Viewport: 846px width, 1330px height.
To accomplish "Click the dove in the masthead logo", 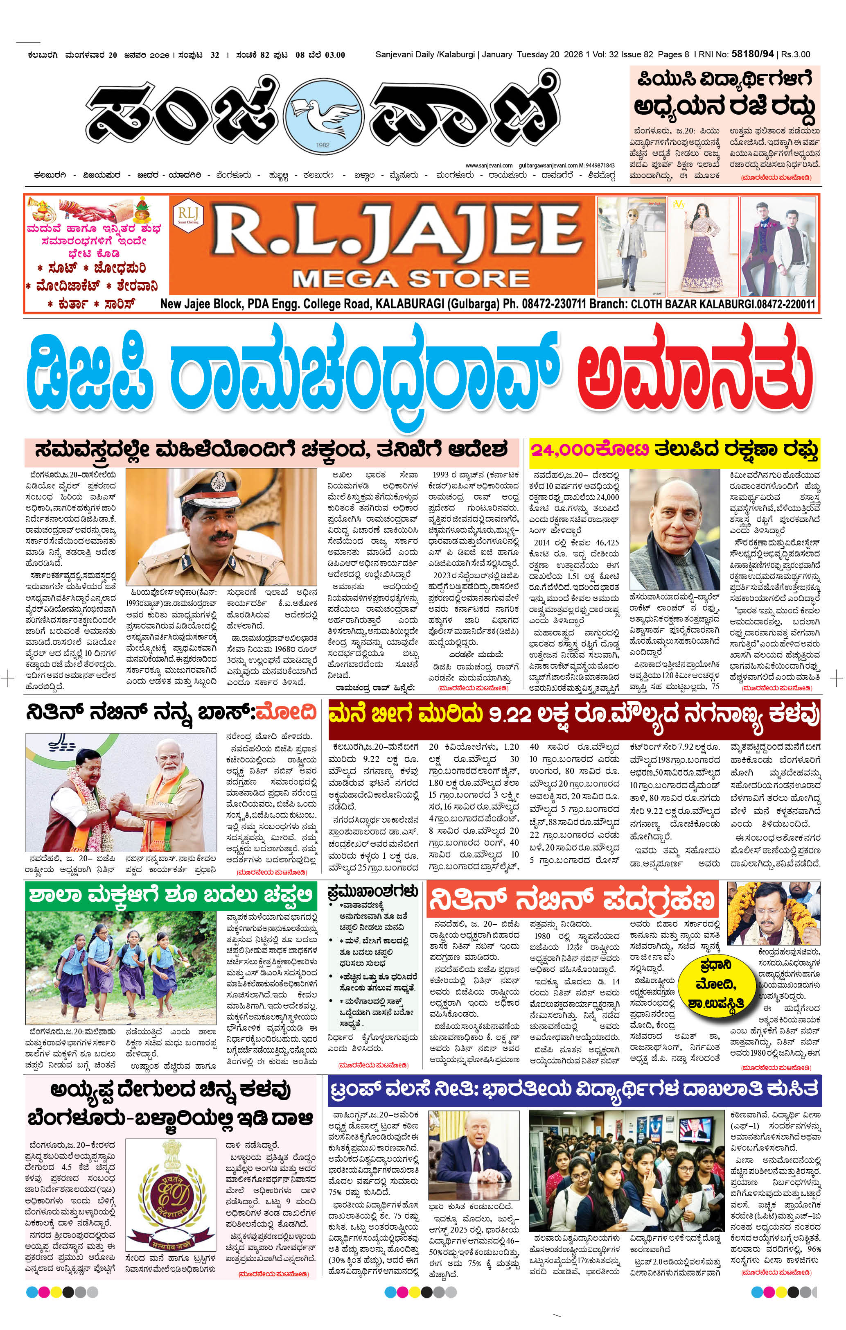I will [323, 111].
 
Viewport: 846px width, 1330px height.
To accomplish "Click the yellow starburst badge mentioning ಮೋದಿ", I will [714, 984].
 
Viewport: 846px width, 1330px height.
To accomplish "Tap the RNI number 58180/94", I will [753, 54].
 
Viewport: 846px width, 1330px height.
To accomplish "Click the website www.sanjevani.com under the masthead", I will [489, 165].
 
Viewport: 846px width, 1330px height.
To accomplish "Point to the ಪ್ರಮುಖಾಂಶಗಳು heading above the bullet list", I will [372, 891].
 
